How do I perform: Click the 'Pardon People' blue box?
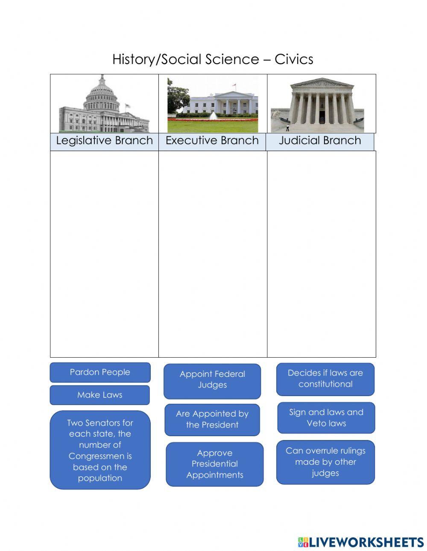(x=100, y=372)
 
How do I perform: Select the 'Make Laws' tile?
(x=100, y=395)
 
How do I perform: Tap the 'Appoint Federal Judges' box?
(x=212, y=380)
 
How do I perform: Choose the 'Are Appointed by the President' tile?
(x=212, y=420)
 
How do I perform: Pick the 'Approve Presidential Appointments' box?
(x=215, y=464)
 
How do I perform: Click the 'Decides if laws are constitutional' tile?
(x=325, y=379)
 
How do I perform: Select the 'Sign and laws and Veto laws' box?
(x=326, y=418)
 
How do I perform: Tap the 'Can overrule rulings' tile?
(x=325, y=462)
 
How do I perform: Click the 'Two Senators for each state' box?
(x=100, y=450)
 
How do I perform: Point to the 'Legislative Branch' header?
(x=104, y=141)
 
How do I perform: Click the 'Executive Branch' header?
(x=212, y=141)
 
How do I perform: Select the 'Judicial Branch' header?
(x=320, y=141)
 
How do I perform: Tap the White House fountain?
(x=213, y=116)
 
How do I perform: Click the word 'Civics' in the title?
(x=294, y=59)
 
